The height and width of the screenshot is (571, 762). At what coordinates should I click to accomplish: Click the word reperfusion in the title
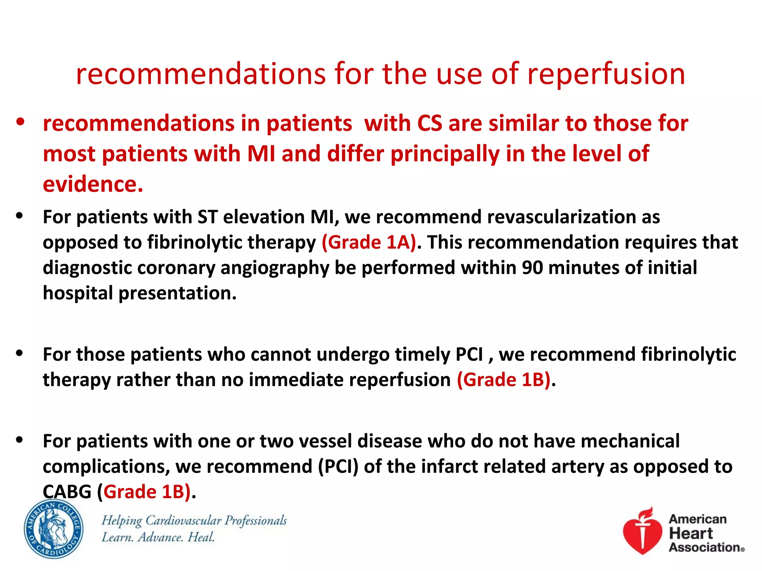click(x=606, y=74)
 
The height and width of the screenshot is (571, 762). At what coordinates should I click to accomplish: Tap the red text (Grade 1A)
click(x=369, y=243)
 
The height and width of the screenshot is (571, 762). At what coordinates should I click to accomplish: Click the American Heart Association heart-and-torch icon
click(x=643, y=531)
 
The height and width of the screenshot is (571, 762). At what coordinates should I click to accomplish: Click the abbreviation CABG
click(x=67, y=492)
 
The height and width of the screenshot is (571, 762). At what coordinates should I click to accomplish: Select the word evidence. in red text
click(x=93, y=184)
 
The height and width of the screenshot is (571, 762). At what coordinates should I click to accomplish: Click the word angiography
click(x=275, y=268)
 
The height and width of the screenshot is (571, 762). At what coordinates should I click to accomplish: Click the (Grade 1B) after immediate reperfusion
click(x=503, y=380)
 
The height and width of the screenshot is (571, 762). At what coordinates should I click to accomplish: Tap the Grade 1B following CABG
click(x=147, y=492)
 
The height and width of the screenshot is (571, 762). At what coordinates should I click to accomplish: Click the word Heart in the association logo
click(x=691, y=533)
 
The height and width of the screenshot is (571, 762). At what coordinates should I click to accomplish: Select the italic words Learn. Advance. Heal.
click(x=158, y=538)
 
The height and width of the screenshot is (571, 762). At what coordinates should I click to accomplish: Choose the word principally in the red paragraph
click(x=445, y=154)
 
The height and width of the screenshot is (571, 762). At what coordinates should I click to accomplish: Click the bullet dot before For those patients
click(x=20, y=353)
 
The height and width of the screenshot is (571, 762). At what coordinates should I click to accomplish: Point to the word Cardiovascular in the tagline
click(x=183, y=520)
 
